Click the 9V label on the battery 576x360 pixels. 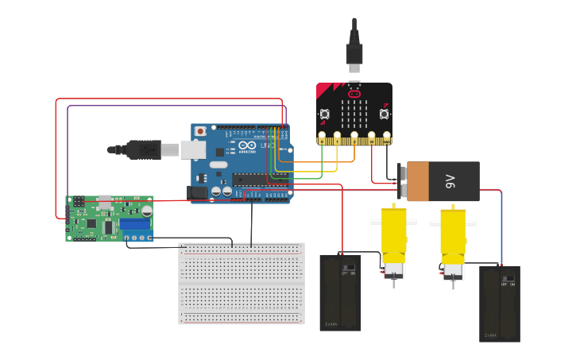(450, 182)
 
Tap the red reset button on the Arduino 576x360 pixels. (200, 130)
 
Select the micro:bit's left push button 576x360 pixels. (324, 114)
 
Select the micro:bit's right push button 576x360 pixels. (385, 114)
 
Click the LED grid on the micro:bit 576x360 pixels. (354, 116)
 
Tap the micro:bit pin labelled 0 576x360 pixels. (322, 136)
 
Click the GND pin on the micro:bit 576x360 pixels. (387, 136)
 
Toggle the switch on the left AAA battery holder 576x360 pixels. (348, 266)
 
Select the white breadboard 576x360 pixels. (242, 284)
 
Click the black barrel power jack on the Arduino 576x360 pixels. (196, 192)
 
